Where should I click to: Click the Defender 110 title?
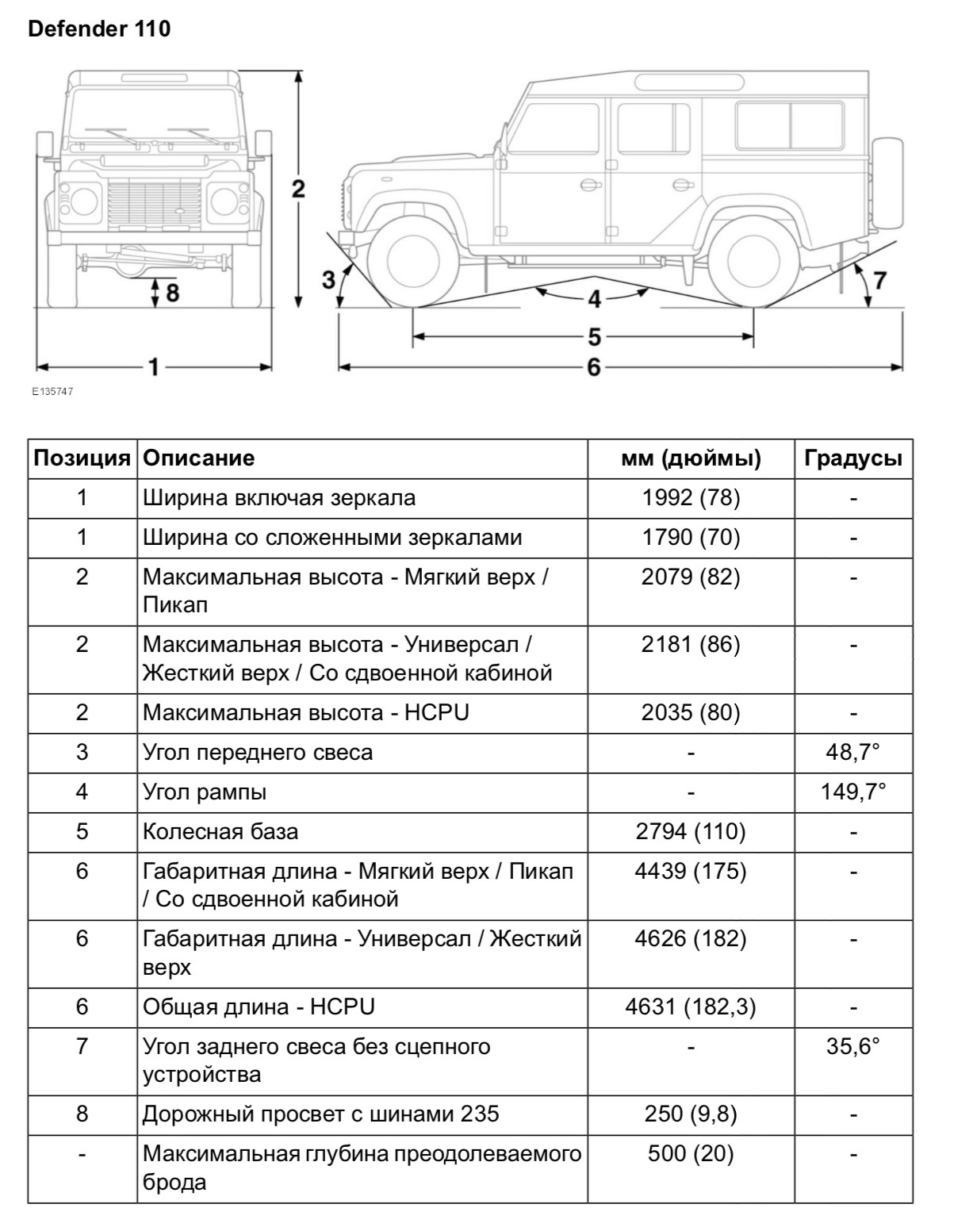[x=99, y=29]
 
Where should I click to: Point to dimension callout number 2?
[x=298, y=189]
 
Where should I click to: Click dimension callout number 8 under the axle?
[x=171, y=293]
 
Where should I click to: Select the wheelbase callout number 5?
[x=594, y=337]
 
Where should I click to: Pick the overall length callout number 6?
[x=594, y=367]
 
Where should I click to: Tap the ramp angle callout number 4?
[x=594, y=300]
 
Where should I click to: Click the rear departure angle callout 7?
[x=879, y=279]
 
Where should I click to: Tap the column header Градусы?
[x=853, y=458]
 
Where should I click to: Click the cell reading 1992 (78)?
[x=691, y=498]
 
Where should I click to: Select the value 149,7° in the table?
[x=853, y=792]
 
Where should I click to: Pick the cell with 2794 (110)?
[x=691, y=831]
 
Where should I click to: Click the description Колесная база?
[x=220, y=831]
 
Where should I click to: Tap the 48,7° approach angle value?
[x=853, y=752]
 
